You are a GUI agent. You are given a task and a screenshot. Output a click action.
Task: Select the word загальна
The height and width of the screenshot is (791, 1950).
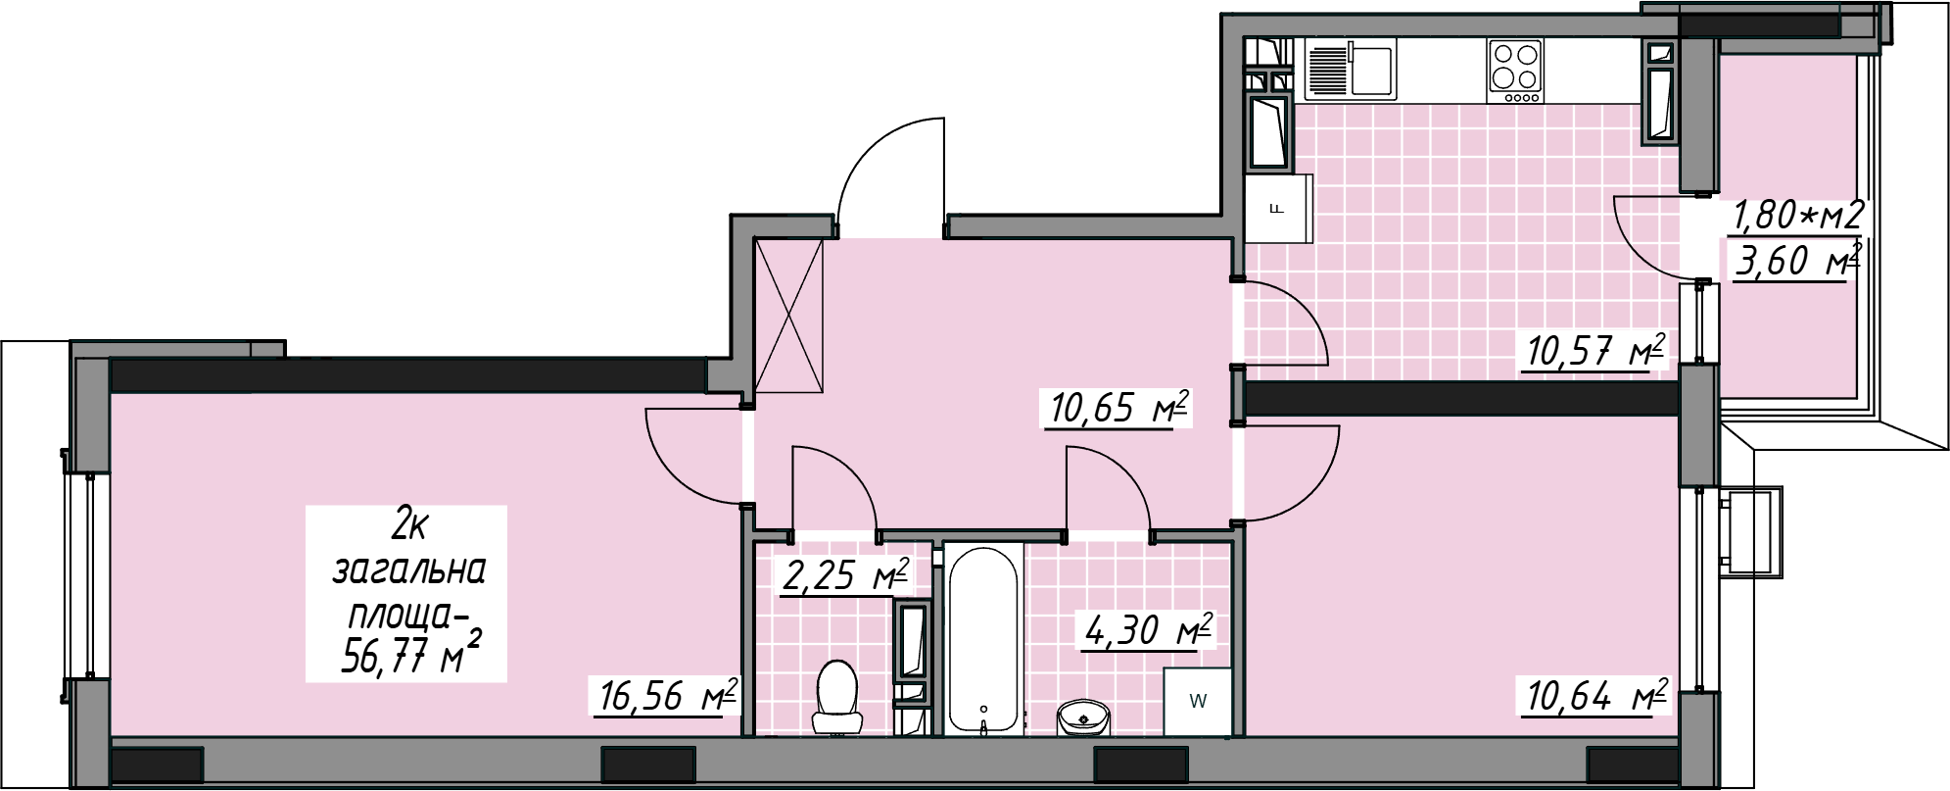pos(409,569)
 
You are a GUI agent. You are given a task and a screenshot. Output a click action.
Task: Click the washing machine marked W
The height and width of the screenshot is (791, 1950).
pos(1197,701)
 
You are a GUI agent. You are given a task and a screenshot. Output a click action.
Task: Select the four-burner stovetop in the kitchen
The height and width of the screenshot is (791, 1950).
pos(1514,70)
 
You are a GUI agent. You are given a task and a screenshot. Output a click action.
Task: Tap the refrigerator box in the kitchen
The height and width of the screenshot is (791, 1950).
pos(1278,208)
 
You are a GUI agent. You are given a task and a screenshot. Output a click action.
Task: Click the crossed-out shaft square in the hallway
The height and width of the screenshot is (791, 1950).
pos(789,317)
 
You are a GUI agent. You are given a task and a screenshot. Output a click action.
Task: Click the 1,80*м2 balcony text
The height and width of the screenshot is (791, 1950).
pos(1796,215)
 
